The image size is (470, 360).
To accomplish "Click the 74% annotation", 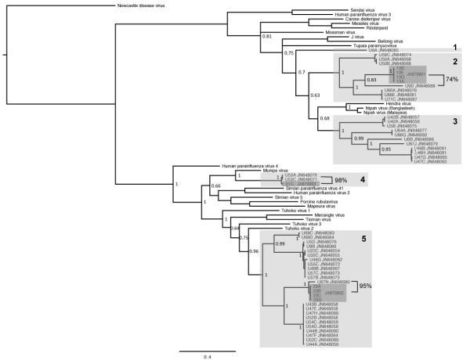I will (x=451, y=80).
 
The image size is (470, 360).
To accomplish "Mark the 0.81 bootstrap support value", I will (x=267, y=37).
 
